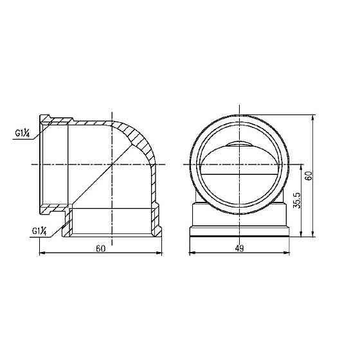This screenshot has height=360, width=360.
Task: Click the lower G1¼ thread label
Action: [40, 230]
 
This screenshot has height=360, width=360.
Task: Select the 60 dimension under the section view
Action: [100, 249]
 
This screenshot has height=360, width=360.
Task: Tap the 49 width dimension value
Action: [239, 249]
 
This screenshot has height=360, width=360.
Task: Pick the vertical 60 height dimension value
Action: [309, 175]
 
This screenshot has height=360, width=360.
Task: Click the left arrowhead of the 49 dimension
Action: [191, 253]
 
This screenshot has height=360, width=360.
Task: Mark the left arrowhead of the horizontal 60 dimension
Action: [42, 253]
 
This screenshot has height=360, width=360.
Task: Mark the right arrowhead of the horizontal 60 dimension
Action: [160, 253]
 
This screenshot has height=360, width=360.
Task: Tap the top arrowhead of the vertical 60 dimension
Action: [314, 118]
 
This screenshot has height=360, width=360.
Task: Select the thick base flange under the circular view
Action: [240, 234]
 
